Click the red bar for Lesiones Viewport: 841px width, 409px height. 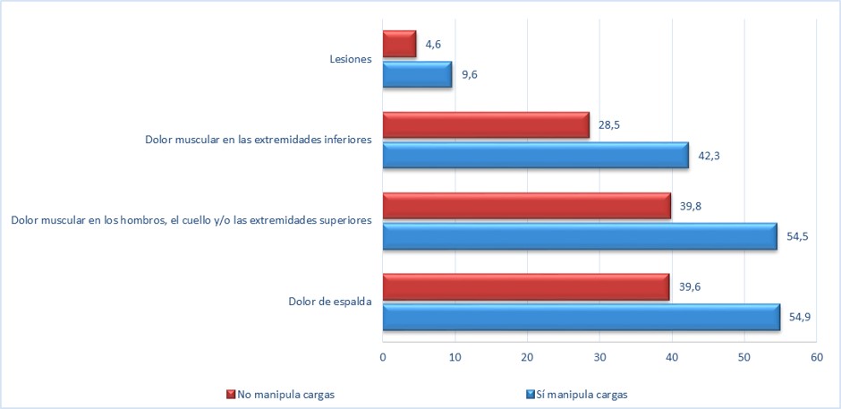pos(399,44)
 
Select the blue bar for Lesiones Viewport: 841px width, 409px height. pos(417,74)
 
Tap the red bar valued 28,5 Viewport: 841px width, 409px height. pos(486,125)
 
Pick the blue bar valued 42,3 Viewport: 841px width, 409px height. pos(535,156)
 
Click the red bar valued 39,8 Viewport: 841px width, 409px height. pos(526,206)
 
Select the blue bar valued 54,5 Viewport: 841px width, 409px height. pos(579,236)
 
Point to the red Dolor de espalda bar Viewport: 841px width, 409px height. pos(525,287)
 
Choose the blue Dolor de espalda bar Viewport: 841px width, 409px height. pos(581,318)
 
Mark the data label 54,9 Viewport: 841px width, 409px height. pos(800,316)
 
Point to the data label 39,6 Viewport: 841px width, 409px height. pos(689,287)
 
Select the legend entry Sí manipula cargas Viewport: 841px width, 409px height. pos(582,394)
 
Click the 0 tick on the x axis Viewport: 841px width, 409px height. pos(382,357)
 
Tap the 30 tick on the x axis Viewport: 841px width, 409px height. pos(599,357)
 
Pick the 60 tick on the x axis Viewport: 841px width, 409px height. pos(816,357)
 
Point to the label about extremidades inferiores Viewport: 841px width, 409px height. pos(259,141)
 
